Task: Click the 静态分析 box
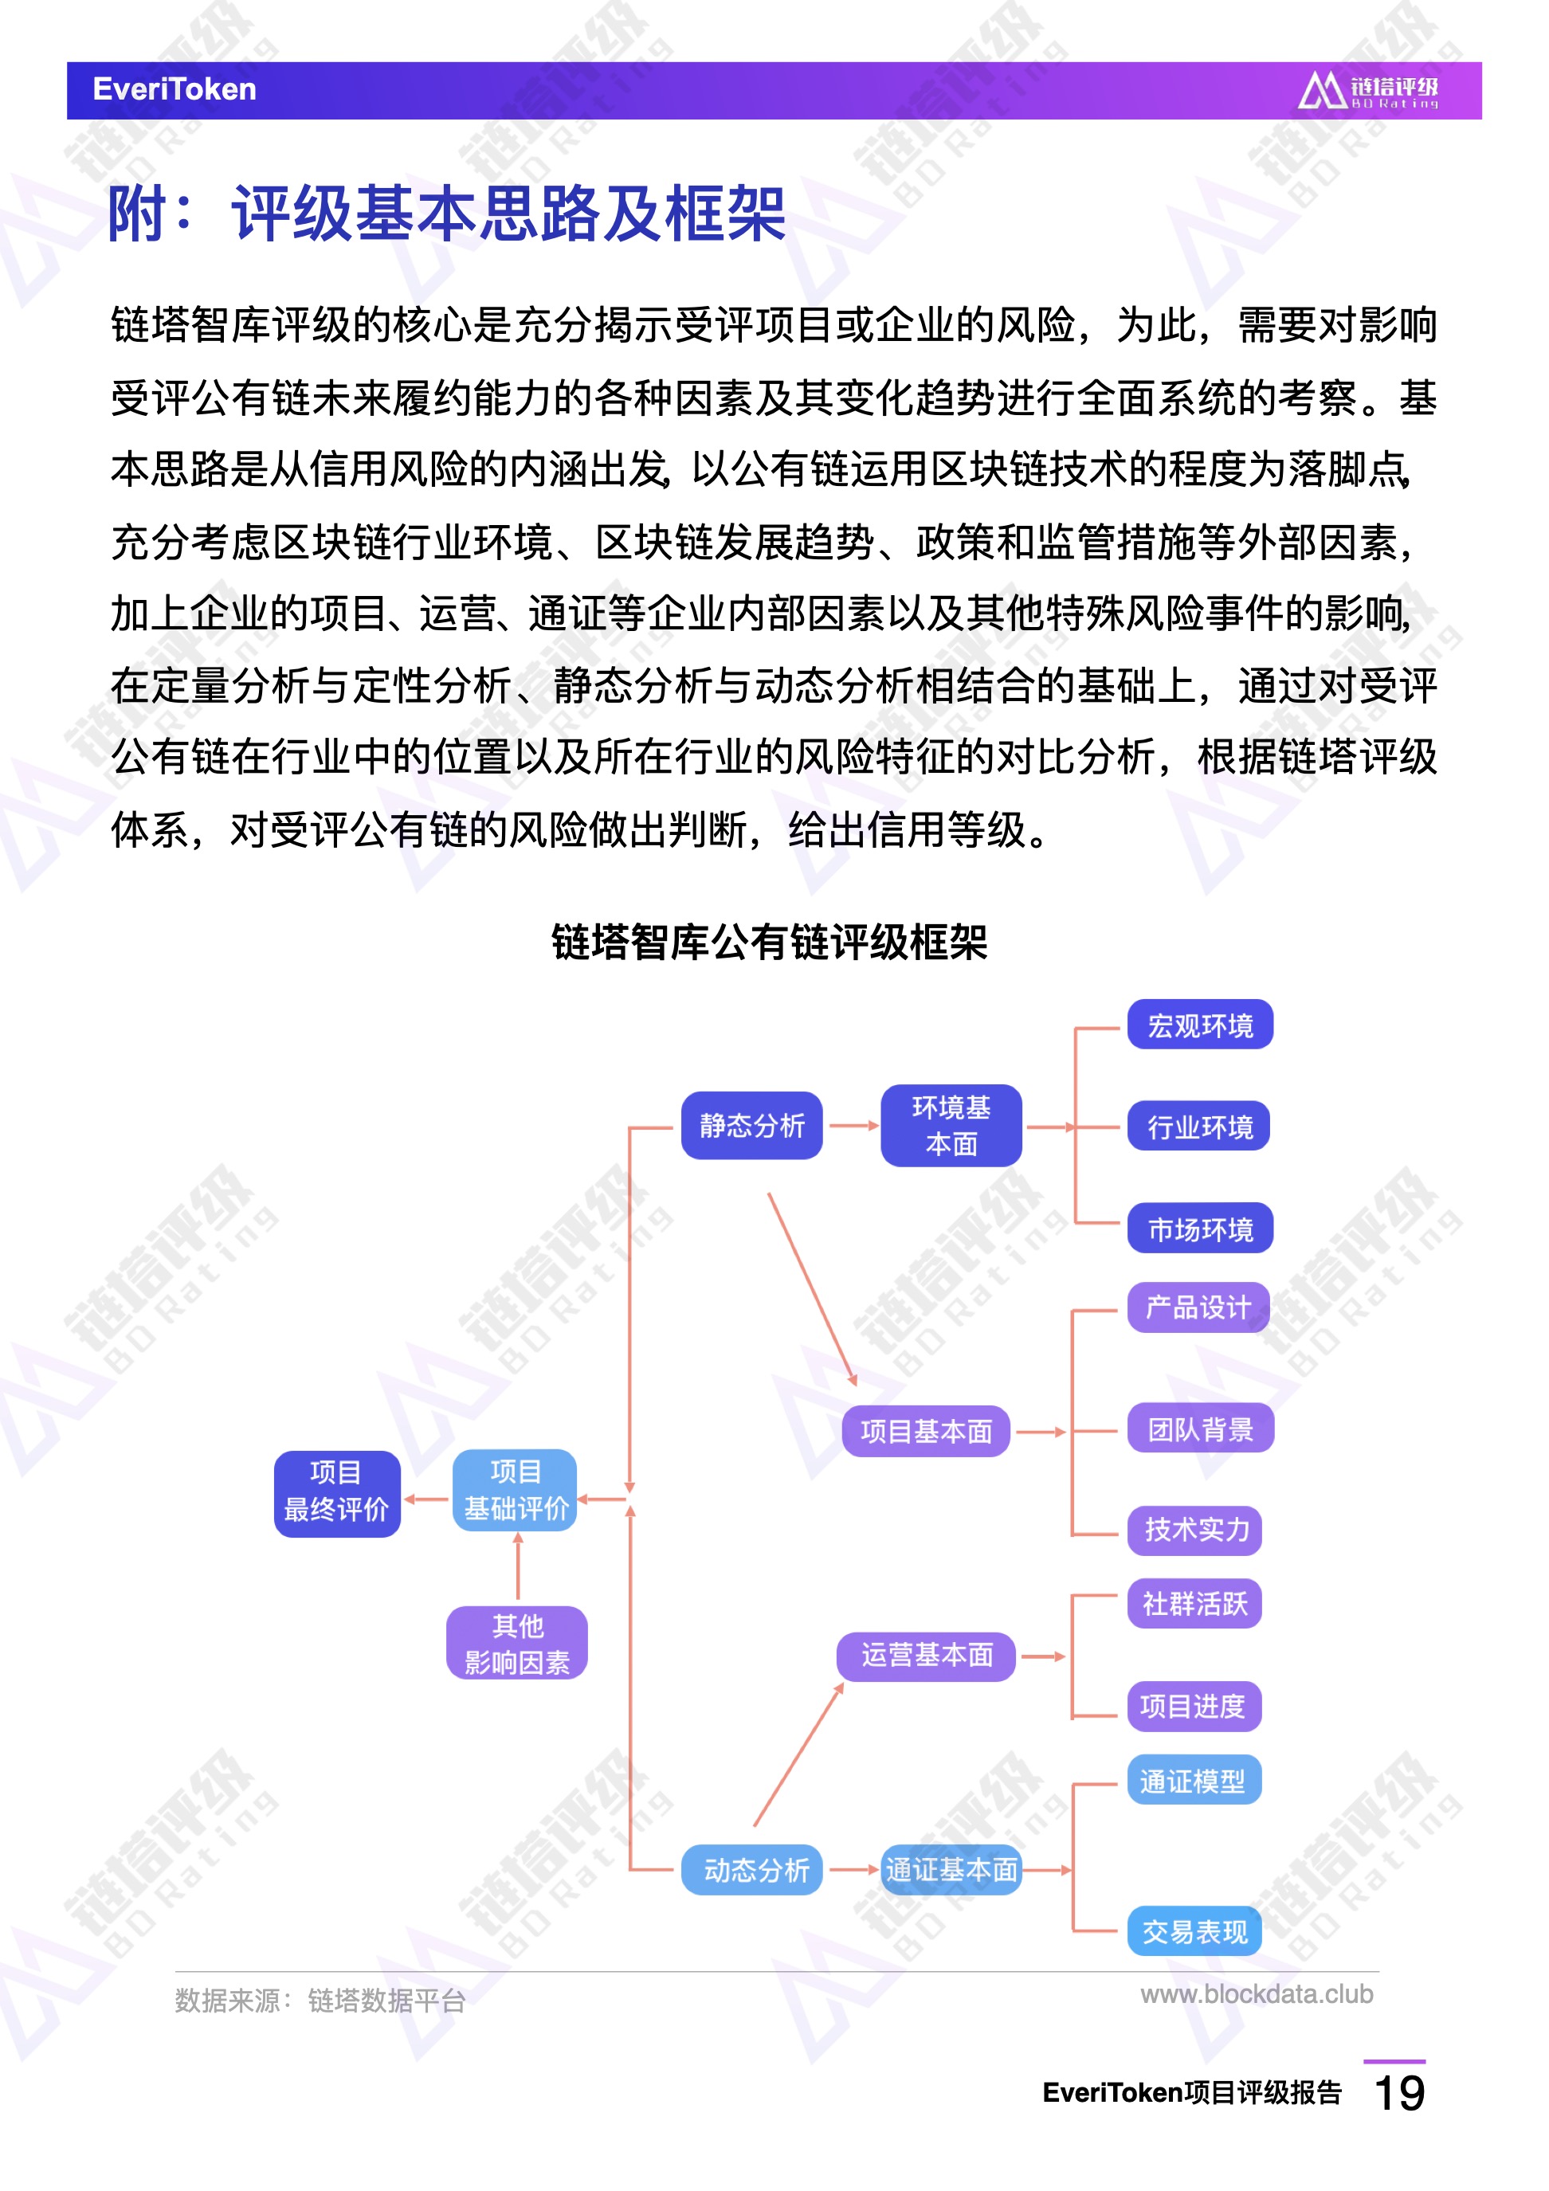[751, 1125]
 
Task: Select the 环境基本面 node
[951, 1125]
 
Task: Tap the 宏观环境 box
[1200, 1025]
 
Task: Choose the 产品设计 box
[1198, 1307]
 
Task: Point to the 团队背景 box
[1201, 1429]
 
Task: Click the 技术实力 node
[1195, 1531]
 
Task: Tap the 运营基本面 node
[926, 1656]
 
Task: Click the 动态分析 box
[752, 1868]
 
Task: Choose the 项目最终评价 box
[337, 1495]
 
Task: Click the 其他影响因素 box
[516, 1643]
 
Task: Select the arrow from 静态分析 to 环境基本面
[853, 1126]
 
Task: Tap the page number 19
[1398, 2094]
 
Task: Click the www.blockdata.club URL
[1256, 1993]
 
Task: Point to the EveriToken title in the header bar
[175, 88]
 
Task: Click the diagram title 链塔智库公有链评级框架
[769, 942]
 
